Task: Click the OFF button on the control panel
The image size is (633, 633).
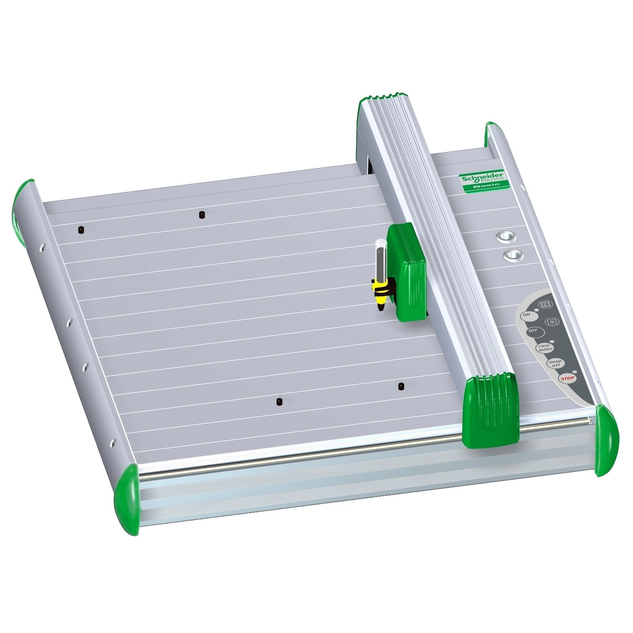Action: [x=533, y=331]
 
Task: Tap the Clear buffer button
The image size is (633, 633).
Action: [x=545, y=348]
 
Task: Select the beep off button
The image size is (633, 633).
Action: [x=555, y=363]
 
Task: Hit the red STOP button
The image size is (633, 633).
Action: [x=567, y=378]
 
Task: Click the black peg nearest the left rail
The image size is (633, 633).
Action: [x=80, y=230]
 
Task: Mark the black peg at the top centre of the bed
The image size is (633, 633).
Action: [x=202, y=215]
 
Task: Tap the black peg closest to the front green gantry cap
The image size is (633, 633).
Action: [x=401, y=386]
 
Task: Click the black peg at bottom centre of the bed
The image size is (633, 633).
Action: [x=279, y=401]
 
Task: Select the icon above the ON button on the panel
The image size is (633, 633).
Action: [x=546, y=304]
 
